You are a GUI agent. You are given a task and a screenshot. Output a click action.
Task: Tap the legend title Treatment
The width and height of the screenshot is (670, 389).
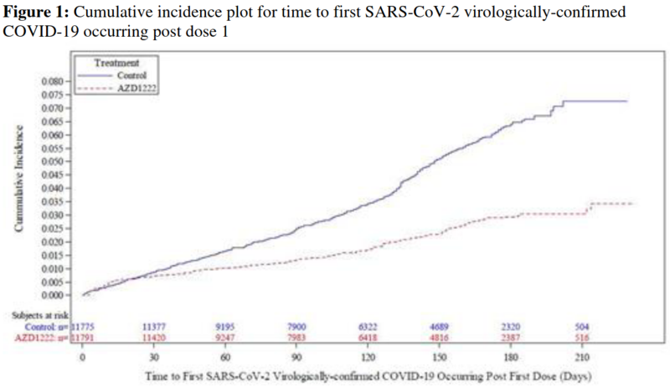116,62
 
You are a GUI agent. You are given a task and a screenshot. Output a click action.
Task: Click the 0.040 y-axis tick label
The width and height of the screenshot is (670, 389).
52,189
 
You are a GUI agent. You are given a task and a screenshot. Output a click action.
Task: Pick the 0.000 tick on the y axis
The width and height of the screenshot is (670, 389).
52,295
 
